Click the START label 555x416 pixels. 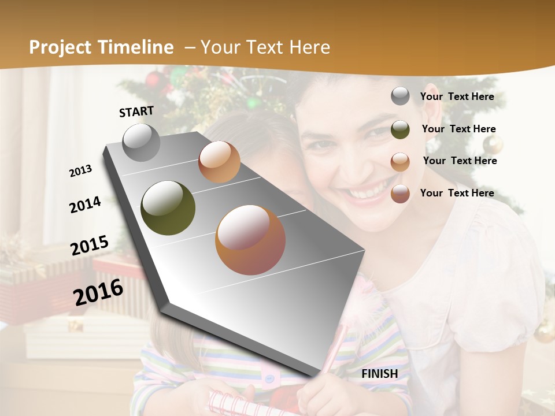point(136,112)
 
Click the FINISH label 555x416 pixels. point(380,374)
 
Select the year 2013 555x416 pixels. point(81,171)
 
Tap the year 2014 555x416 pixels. point(86,205)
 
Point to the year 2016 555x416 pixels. point(98,292)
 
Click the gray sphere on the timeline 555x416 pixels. point(141,142)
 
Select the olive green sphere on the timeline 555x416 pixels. point(168,208)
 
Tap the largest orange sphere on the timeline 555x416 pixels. point(250,240)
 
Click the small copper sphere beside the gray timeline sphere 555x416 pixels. point(219,162)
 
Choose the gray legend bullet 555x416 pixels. point(400,96)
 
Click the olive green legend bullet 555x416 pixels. point(400,129)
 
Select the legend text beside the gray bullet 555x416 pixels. point(457,97)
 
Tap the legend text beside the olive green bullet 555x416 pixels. point(458,129)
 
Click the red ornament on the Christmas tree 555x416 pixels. point(154,80)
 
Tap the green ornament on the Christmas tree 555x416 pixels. point(252,103)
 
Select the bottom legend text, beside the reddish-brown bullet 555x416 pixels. point(457,193)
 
